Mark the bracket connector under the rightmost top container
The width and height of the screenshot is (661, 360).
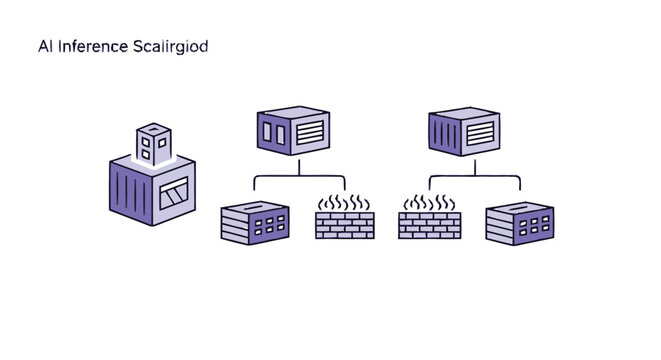474,180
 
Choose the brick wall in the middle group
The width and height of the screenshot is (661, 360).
344,225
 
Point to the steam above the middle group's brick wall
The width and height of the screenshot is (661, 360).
344,203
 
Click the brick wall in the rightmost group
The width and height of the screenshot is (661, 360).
429,225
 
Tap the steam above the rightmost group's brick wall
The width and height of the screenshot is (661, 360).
429,203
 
